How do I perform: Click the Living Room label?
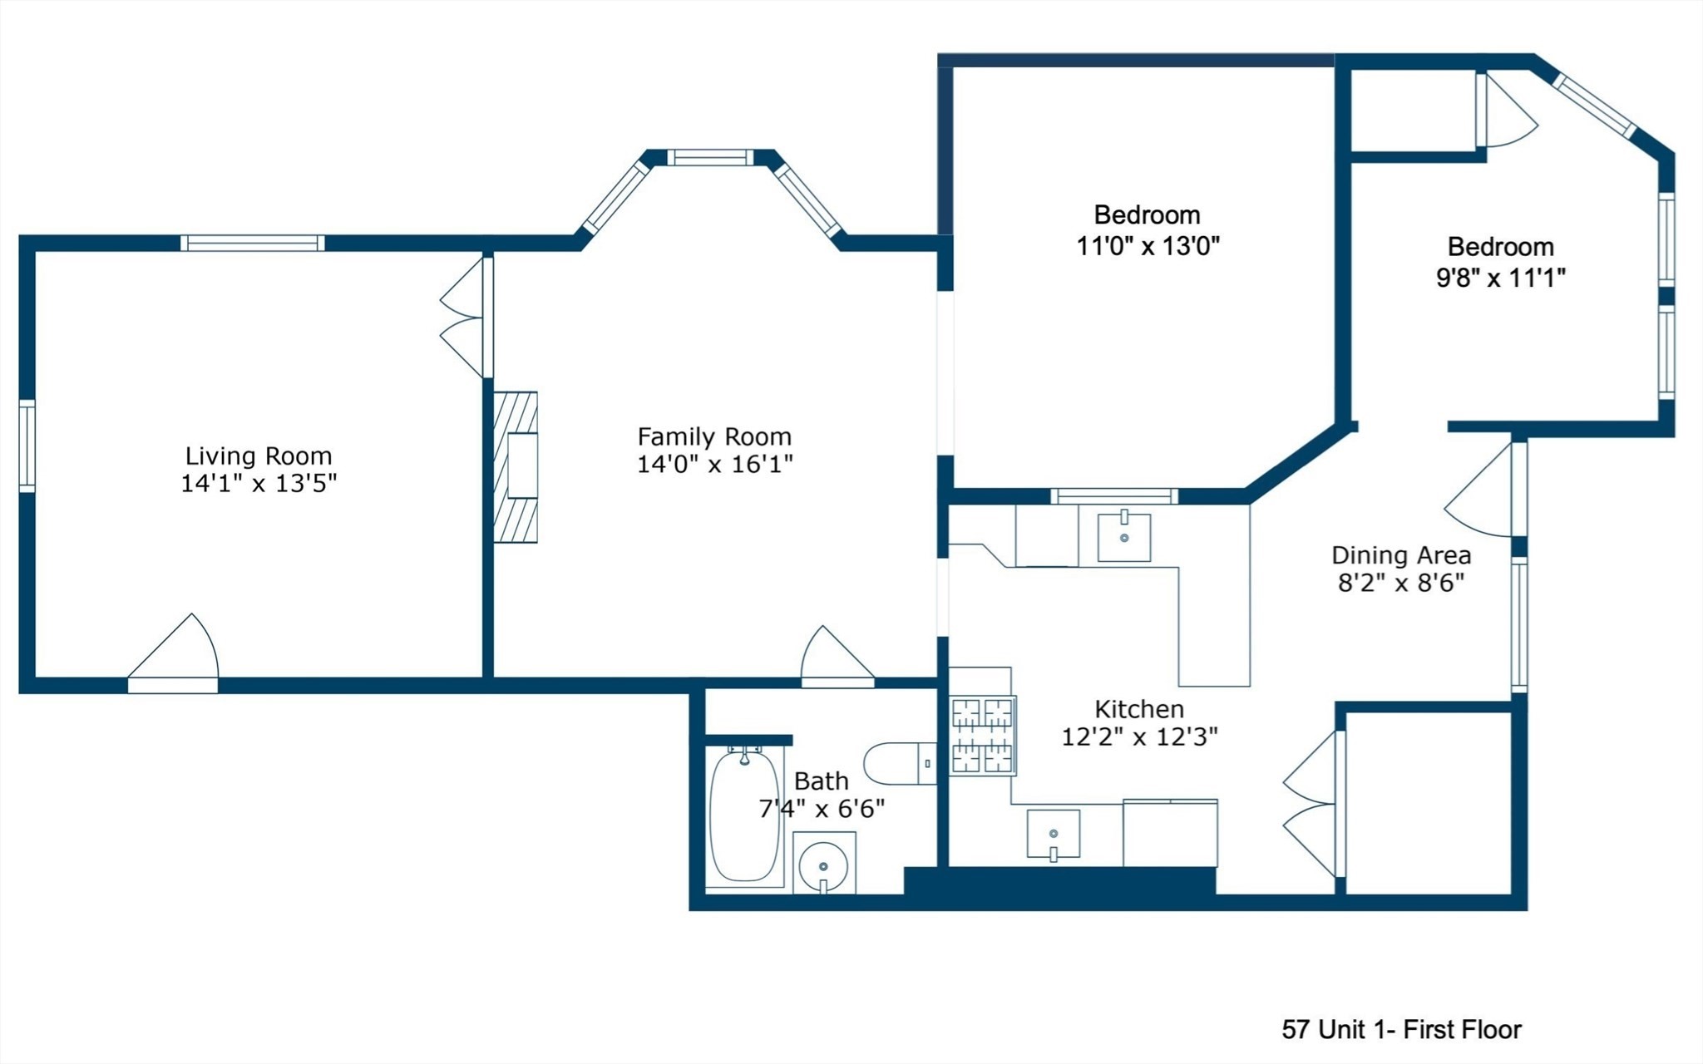258,456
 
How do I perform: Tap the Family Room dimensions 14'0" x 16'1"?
714,464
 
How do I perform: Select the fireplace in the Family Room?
516,467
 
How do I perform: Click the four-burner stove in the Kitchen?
982,735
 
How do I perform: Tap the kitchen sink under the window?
1123,538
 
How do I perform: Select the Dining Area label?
1401,555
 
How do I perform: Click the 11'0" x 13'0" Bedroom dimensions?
1148,246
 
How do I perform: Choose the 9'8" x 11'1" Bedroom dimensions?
1500,278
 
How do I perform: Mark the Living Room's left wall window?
27,446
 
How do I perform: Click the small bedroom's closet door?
1505,111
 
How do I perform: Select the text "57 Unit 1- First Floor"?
1401,1030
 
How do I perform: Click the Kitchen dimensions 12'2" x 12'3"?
1139,736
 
